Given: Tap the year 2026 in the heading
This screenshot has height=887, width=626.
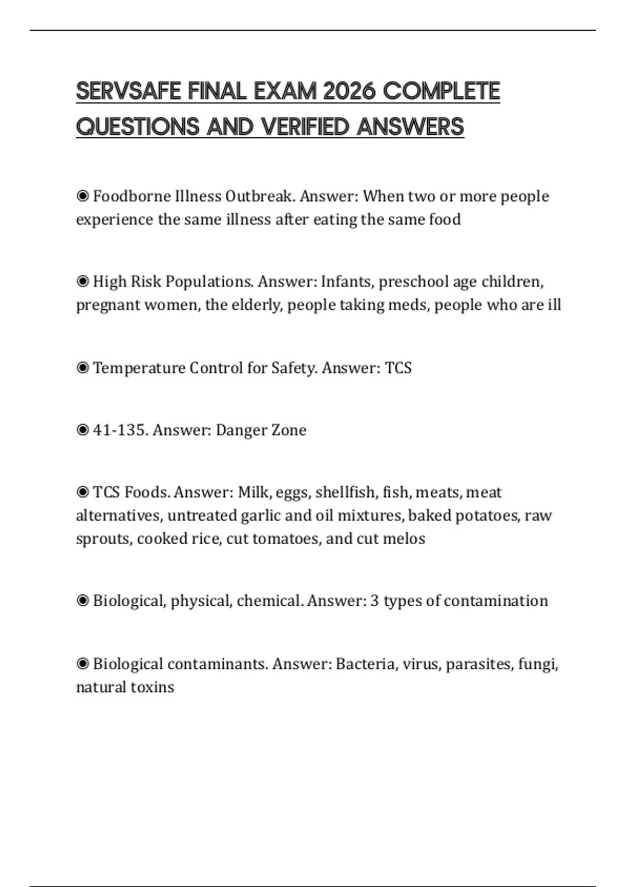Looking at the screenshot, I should tap(349, 91).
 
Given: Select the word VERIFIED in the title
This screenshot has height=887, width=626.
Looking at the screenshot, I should tap(305, 127).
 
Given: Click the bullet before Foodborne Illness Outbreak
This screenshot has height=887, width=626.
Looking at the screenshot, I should tap(82, 196).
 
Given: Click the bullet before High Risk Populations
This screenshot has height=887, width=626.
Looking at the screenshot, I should tap(82, 282).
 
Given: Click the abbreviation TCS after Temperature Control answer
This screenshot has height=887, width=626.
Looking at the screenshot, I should tap(398, 368).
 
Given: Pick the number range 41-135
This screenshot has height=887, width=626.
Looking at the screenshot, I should tap(121, 430).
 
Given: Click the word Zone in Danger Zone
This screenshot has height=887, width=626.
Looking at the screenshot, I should tap(290, 430).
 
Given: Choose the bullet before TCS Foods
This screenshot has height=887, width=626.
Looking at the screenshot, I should tap(82, 492).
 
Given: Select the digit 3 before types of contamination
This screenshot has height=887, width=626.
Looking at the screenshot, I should tap(375, 601).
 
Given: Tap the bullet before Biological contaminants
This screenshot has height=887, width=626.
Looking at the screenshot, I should tap(82, 664).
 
